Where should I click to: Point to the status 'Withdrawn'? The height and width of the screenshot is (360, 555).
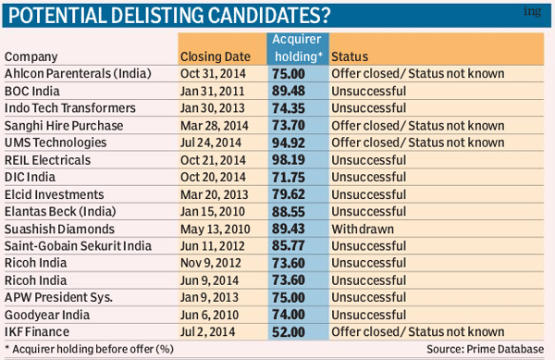click(364, 229)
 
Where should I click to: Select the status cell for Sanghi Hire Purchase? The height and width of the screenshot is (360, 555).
click(417, 126)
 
